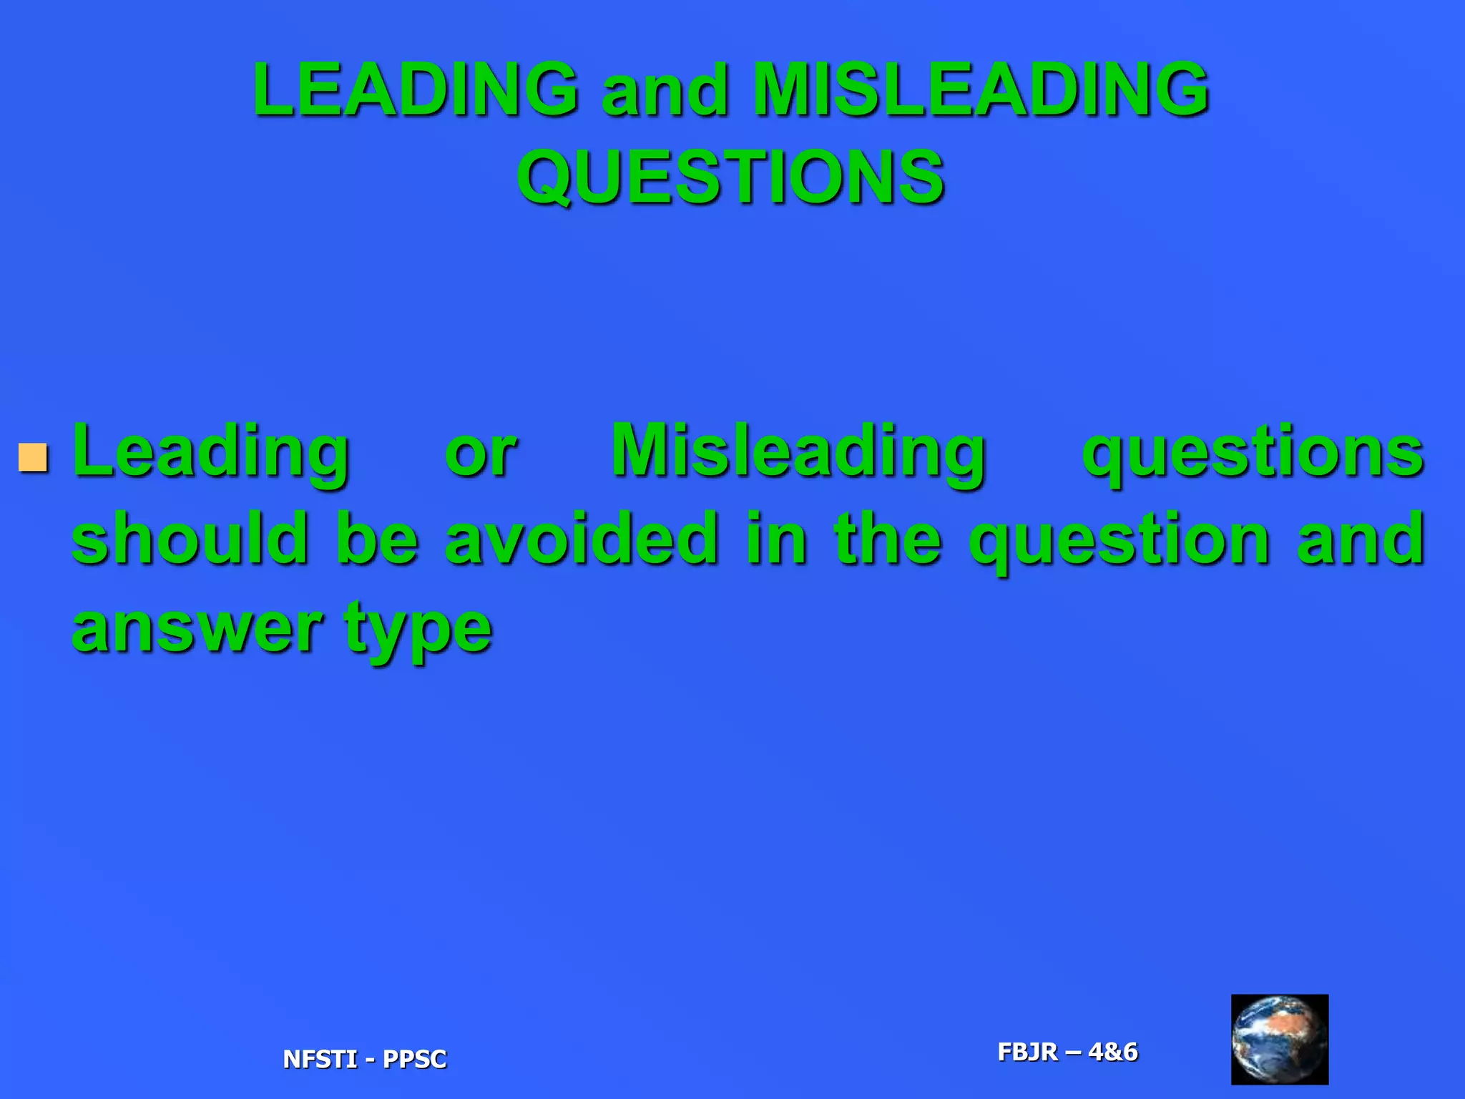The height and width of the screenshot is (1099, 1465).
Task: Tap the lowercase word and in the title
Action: (x=665, y=91)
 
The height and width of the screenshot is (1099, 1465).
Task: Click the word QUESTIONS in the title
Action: (x=730, y=177)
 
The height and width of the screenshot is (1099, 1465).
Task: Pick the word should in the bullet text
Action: (x=190, y=539)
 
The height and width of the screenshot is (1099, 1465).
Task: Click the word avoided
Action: (x=582, y=539)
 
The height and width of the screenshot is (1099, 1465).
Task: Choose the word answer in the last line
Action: (x=197, y=628)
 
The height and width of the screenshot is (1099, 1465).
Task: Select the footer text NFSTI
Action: (x=319, y=1059)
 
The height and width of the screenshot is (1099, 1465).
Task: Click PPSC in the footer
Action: (x=415, y=1059)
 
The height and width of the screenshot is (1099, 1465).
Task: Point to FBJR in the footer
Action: (x=1027, y=1052)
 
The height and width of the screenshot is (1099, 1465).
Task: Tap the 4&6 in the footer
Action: (x=1112, y=1052)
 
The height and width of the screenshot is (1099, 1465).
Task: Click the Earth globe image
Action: (x=1279, y=1039)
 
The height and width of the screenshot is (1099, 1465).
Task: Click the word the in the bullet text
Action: (x=888, y=539)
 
